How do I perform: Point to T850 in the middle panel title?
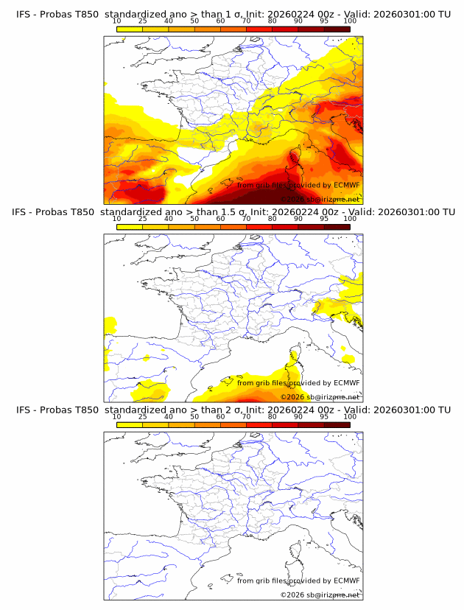coord(85,212)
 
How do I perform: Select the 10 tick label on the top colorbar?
coord(117,21)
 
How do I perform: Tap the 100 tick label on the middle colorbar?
coord(350,219)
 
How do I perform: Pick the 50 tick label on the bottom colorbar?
coord(194,416)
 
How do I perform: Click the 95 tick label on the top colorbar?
coord(324,21)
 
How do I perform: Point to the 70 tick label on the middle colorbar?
coord(246,219)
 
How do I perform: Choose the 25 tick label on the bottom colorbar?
coord(143,416)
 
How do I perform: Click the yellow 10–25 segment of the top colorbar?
coord(130,29)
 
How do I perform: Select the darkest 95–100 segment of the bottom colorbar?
coord(337,424)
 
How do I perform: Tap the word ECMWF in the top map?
coord(347,185)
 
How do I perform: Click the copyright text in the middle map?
coord(320,396)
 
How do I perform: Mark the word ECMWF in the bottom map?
coord(347,580)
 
